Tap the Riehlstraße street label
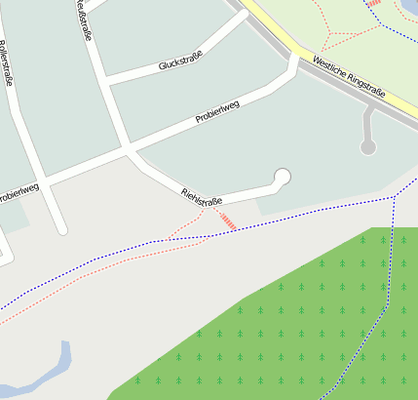coord(202,196)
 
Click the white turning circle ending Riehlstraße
coord(283,177)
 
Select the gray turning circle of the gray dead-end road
coord(368,147)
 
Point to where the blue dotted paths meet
coord(393,197)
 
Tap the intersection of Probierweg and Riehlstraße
coord(128,150)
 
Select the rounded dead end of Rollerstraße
coord(61,229)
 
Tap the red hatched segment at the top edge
coord(374,3)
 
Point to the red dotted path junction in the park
coord(331,32)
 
